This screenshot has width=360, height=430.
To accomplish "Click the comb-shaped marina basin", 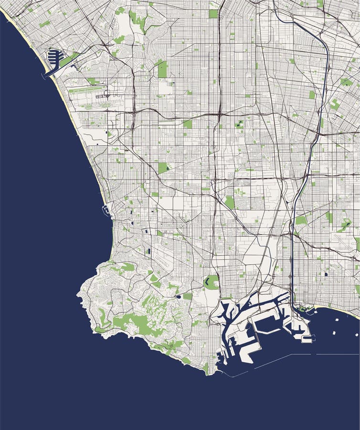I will tap(55, 59).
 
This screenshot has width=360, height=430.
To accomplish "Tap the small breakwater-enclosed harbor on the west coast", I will tap(106, 209).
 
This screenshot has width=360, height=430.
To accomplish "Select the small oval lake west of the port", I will tap(178, 297).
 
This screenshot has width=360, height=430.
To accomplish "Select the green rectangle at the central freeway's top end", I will tap(213, 13).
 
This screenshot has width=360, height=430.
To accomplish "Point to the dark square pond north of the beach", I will tap(326, 274).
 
